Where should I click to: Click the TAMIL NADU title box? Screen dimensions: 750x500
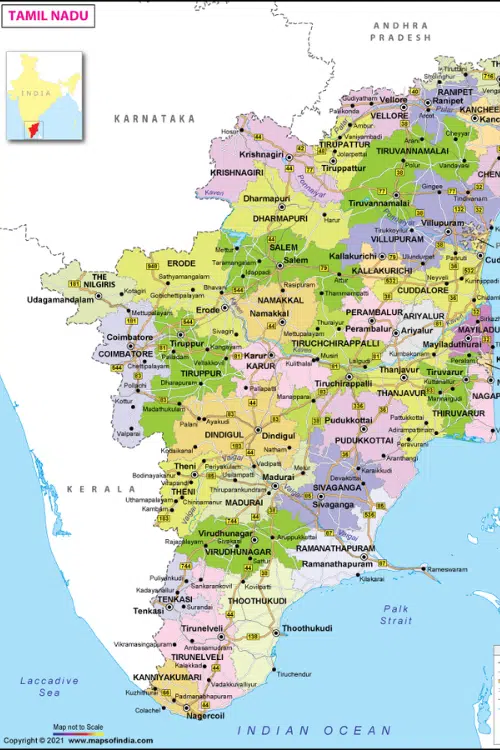click(x=50, y=15)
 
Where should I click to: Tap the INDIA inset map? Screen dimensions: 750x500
click(x=44, y=96)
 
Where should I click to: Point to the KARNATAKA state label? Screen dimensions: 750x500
click(x=154, y=118)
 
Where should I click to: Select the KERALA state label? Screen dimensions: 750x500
click(x=101, y=489)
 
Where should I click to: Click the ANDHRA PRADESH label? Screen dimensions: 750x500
click(x=400, y=30)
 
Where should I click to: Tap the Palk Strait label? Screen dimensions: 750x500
click(x=396, y=614)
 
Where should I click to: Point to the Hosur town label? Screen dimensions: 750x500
click(x=231, y=131)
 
